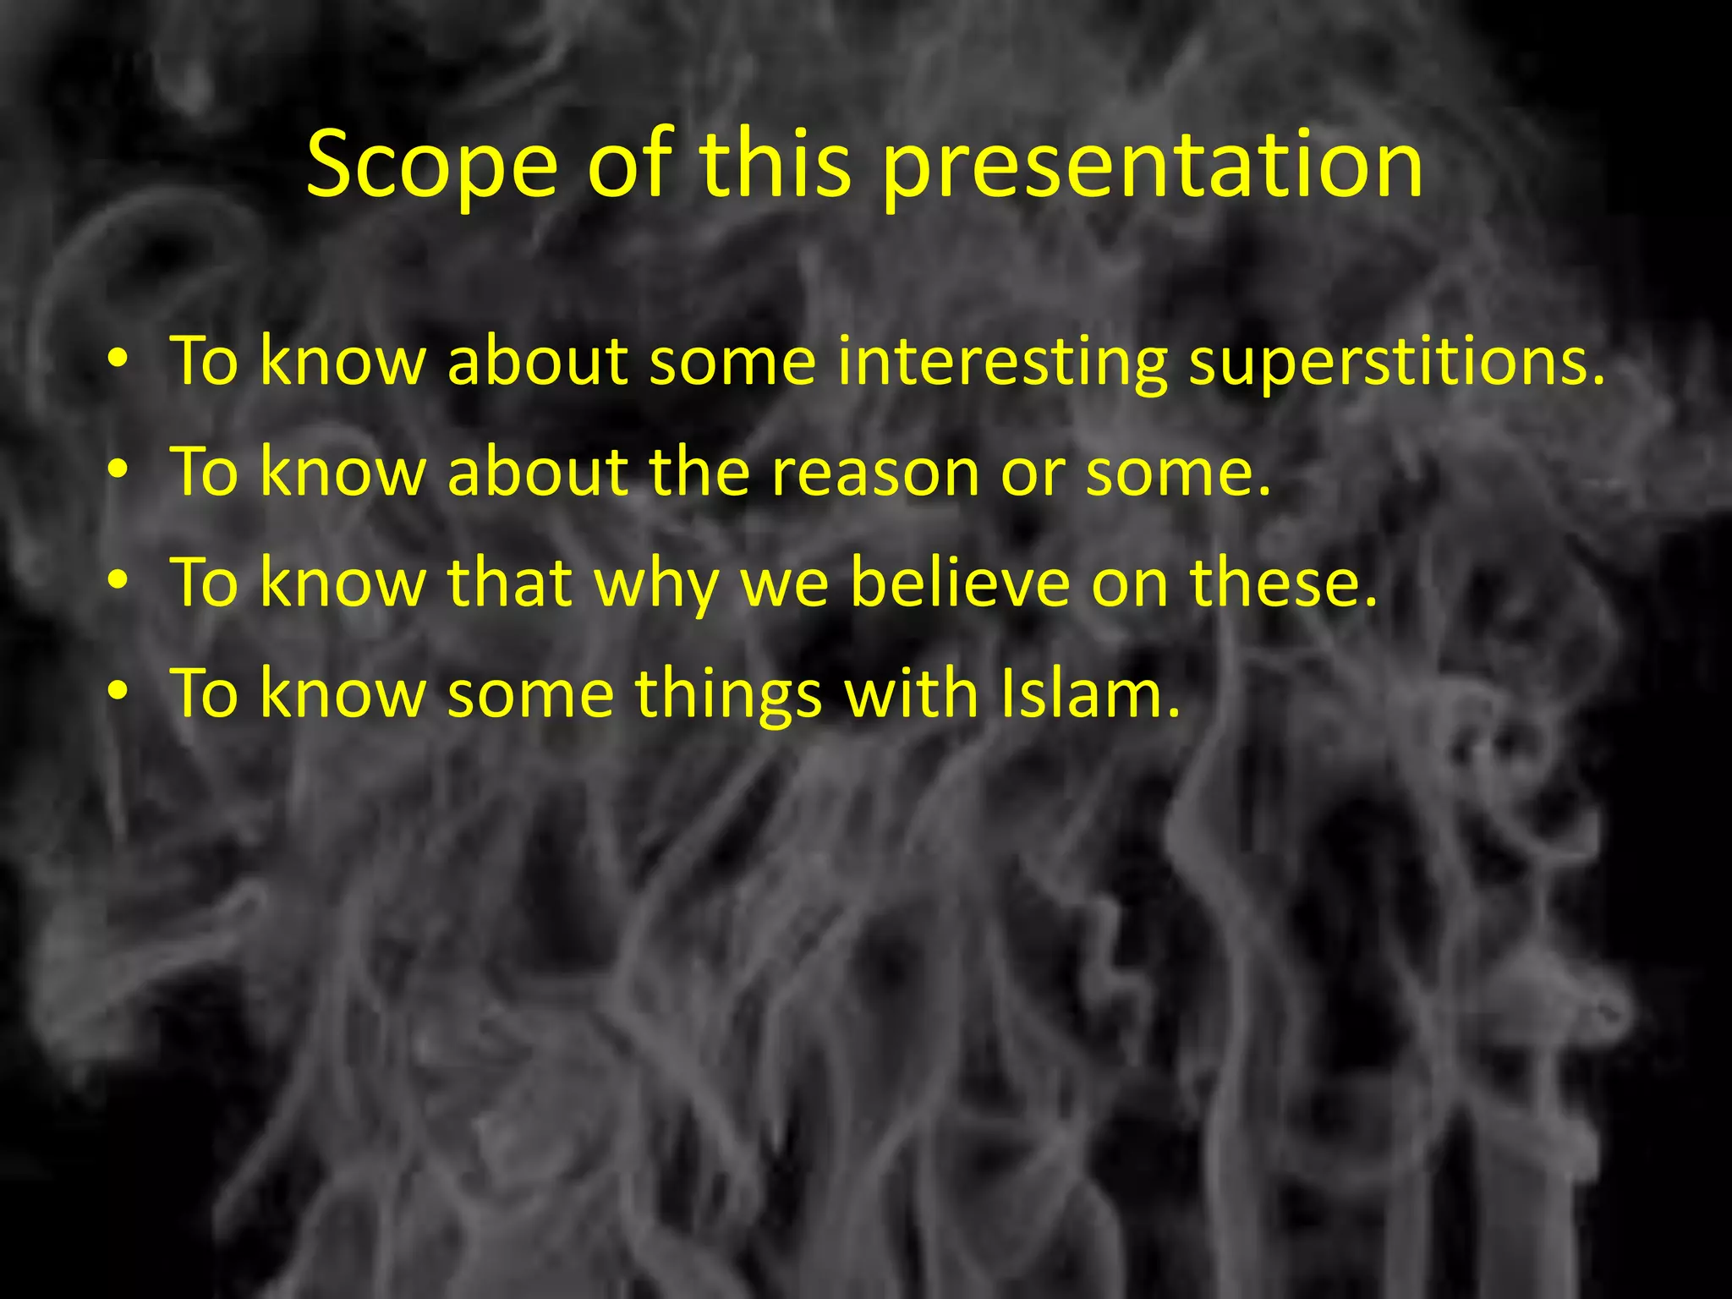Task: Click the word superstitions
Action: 1396,362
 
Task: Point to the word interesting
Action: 1002,362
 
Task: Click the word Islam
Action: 1088,693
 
